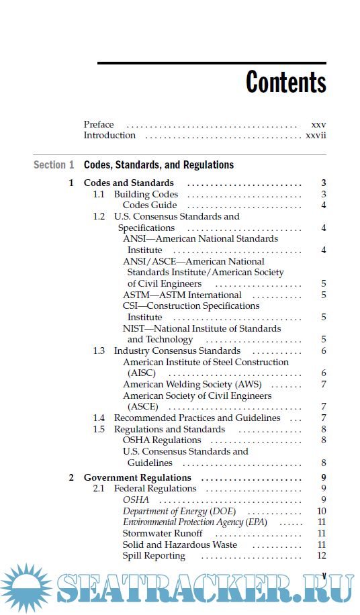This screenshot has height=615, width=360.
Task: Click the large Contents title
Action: pos(285,83)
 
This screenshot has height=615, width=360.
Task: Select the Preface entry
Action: pos(99,124)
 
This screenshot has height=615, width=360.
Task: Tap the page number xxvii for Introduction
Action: pos(316,136)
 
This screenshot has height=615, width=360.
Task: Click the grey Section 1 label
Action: pos(54,164)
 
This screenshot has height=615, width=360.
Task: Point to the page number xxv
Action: pos(318,124)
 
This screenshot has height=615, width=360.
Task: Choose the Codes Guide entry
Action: pos(150,205)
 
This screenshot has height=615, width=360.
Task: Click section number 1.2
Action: pos(99,217)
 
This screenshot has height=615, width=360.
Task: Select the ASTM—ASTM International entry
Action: pos(182,295)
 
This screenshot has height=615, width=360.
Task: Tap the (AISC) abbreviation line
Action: pos(142,373)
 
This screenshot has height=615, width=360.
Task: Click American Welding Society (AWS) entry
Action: pos(192,385)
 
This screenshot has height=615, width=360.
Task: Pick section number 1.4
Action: pos(99,418)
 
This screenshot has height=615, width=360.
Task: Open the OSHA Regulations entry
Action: pos(162,440)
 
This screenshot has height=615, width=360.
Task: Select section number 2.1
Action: pos(99,489)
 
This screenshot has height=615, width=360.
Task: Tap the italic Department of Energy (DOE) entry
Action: pos(179,512)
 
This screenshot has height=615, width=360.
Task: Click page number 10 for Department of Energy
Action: pos(322,512)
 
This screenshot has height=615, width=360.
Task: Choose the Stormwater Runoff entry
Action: pos(163,534)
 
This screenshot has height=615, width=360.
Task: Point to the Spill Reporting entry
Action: pos(154,556)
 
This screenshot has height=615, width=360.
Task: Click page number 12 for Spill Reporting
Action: pos(322,556)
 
